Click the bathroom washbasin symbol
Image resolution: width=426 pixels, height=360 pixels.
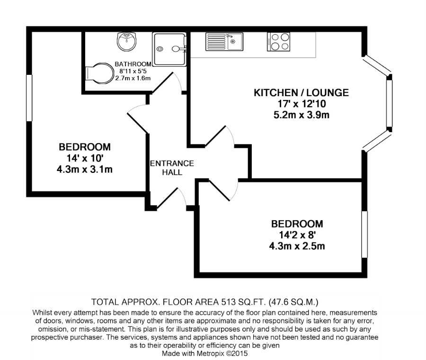(x=126, y=41)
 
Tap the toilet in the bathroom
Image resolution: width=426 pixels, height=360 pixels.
(x=99, y=73)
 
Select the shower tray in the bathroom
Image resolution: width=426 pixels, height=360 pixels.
(x=169, y=49)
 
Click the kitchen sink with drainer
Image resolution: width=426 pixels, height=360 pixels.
(x=224, y=42)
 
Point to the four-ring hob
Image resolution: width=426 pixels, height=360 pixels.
(x=278, y=42)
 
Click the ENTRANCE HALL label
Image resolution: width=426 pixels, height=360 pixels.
(x=172, y=168)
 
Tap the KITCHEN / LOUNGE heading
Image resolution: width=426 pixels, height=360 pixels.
(x=301, y=93)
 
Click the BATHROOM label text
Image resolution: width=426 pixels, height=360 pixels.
(x=133, y=64)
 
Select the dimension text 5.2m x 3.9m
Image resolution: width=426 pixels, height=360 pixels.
(x=302, y=115)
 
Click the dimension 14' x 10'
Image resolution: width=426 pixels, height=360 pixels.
(x=85, y=158)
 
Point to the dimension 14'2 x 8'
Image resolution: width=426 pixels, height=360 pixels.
(x=297, y=234)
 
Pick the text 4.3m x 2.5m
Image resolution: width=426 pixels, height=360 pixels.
(x=297, y=246)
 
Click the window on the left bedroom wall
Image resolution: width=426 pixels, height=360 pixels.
(x=29, y=98)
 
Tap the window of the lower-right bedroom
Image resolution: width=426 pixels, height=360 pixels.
(x=364, y=234)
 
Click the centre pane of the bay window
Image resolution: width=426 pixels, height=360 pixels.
(x=390, y=103)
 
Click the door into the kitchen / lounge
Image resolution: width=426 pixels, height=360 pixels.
(x=220, y=136)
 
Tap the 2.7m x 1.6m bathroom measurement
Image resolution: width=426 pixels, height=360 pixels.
(x=133, y=78)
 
